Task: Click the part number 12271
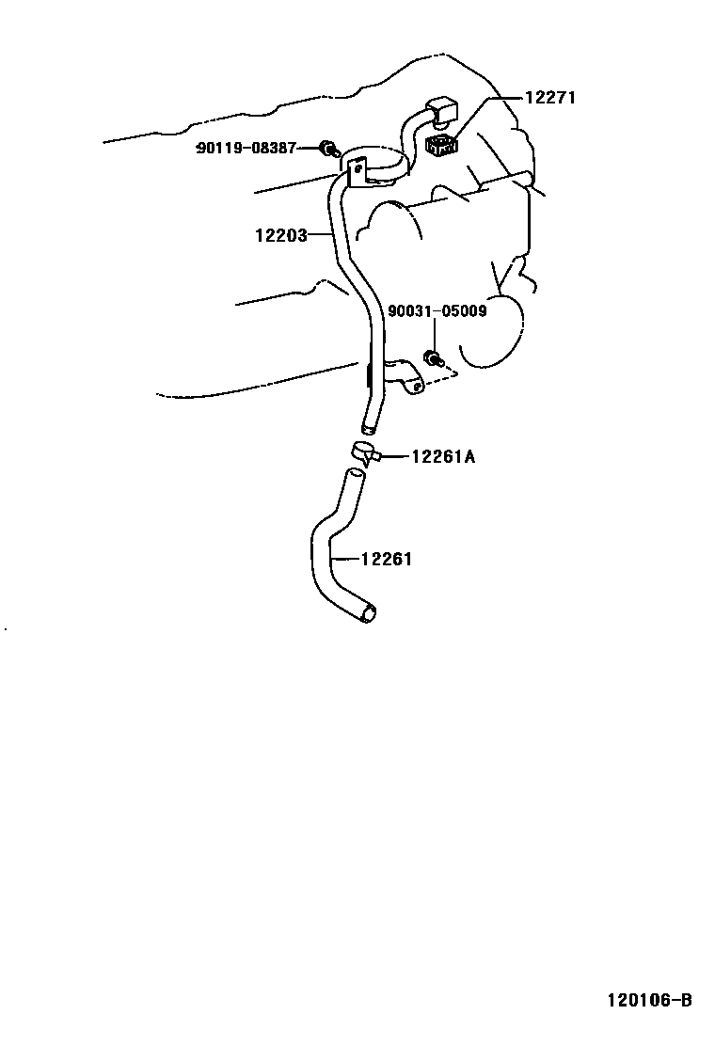[549, 98]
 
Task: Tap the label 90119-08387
[246, 148]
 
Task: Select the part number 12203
[280, 235]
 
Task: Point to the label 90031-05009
[437, 310]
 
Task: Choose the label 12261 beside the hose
[387, 559]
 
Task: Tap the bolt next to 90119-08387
[327, 148]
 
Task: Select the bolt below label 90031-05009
[434, 357]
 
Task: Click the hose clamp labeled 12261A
[363, 452]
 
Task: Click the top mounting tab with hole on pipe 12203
[356, 170]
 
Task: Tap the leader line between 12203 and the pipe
[322, 235]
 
